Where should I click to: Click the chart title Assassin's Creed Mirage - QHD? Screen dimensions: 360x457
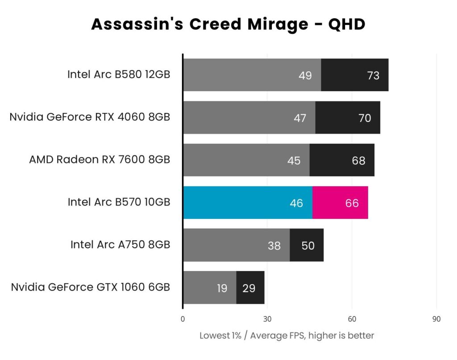[228, 24]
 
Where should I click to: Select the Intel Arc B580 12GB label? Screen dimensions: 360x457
[119, 75]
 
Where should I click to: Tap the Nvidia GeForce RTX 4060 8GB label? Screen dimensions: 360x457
[90, 117]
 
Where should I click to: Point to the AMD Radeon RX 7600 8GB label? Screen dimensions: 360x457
[100, 159]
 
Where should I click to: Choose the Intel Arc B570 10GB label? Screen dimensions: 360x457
[119, 202]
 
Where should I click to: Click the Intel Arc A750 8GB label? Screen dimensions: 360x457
[120, 244]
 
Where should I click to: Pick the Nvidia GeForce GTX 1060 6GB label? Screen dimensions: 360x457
[91, 287]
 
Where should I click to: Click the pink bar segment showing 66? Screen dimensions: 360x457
[340, 203]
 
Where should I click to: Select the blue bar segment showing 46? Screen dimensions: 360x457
[248, 203]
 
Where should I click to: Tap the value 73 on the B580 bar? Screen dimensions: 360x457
[373, 75]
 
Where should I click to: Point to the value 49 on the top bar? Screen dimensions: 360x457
[305, 75]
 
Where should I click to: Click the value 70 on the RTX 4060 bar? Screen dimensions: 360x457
[365, 118]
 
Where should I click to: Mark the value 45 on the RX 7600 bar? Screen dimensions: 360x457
[294, 160]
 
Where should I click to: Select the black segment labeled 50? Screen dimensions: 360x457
[307, 245]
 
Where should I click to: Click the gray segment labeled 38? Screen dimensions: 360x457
[237, 245]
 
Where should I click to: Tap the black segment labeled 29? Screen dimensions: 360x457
[250, 288]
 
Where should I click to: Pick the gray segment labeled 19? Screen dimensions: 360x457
[210, 288]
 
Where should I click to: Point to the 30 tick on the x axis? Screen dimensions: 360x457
[267, 319]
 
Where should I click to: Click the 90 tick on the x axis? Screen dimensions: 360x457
[436, 319]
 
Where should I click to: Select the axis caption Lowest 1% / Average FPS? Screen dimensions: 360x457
[287, 335]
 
